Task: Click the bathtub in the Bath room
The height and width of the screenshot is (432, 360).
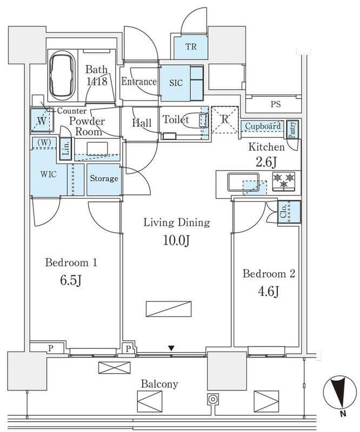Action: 63,75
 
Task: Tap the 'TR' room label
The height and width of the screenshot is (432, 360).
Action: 191,46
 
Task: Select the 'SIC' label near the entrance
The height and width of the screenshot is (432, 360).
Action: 176,83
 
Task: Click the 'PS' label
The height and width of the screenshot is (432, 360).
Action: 276,104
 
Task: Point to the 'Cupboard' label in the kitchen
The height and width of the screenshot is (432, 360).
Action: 263,126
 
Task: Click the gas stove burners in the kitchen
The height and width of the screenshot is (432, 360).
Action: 284,181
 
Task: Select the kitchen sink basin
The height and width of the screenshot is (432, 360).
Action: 243,182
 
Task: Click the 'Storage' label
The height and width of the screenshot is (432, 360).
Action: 104,179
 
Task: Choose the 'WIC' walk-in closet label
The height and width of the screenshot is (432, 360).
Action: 48,174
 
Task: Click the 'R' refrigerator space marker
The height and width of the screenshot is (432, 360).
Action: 225,119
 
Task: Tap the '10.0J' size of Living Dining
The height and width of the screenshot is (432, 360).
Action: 176,240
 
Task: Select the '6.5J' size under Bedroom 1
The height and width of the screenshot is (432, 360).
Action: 71,280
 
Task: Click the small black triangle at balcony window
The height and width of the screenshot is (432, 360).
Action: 171,348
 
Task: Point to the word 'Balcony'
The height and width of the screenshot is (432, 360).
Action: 159,384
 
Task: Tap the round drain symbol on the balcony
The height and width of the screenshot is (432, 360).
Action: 212,399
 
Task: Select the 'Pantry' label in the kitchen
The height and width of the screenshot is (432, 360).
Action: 292,130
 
